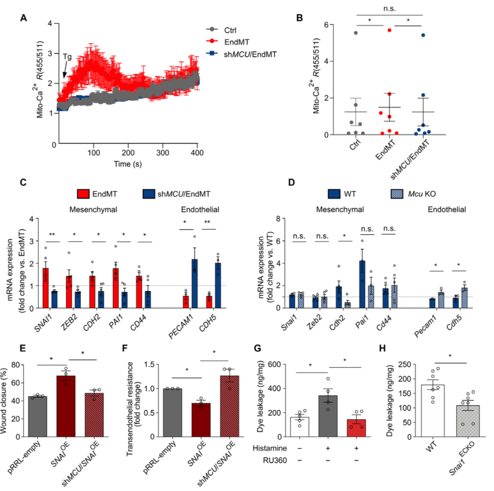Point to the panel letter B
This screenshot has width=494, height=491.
pyautogui.click(x=299, y=19)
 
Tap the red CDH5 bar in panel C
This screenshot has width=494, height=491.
pyautogui.click(x=209, y=302)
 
